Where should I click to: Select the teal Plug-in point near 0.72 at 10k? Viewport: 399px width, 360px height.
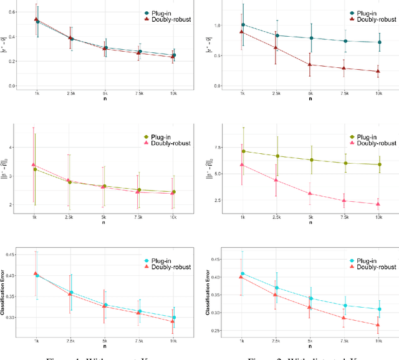[379, 42]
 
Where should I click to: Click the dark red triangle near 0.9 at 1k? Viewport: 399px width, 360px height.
[243, 32]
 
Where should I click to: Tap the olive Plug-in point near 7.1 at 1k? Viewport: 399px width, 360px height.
[243, 151]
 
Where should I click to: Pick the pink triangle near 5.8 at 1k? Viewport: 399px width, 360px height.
[243, 165]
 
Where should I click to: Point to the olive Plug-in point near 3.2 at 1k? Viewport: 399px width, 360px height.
[36, 169]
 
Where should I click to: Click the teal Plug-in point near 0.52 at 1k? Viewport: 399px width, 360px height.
[37, 21]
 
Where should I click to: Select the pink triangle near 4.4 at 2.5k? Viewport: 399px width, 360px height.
[276, 181]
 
